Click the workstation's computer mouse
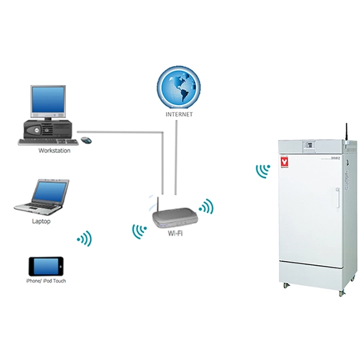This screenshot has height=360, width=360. [x=86, y=140]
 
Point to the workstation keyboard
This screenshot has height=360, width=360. [x=48, y=141]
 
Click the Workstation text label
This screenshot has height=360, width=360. [x=54, y=151]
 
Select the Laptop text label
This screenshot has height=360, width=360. [x=41, y=221]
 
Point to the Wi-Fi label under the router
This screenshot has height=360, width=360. [x=175, y=232]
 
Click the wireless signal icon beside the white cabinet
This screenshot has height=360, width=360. [x=262, y=172]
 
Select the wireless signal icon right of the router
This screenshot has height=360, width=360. [x=207, y=207]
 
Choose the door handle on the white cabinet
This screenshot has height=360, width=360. [x=338, y=197]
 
